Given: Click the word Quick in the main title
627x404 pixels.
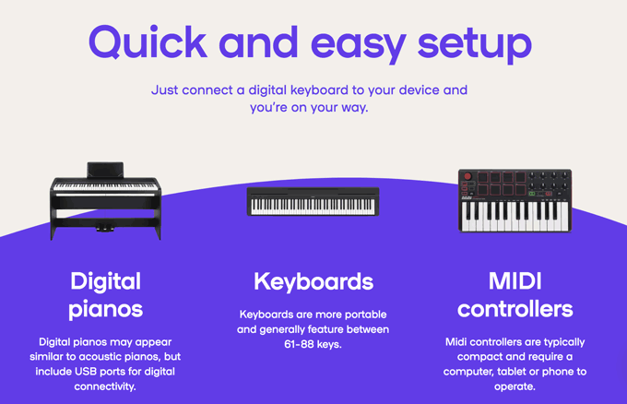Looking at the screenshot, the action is [148, 42].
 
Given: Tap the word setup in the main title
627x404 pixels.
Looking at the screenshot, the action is [475, 44].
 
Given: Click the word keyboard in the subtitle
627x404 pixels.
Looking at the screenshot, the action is [319, 90].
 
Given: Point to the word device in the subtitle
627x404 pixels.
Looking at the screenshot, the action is [419, 90].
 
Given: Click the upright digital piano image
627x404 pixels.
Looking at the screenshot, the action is [105, 201].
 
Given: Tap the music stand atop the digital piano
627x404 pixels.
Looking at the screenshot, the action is [105, 170].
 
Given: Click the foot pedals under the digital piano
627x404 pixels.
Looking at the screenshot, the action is [105, 229].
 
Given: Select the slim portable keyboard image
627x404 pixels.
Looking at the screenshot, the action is [313, 202].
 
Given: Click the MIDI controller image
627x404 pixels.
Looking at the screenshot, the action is [515, 201].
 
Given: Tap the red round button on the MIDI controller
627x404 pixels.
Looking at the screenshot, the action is [467, 176].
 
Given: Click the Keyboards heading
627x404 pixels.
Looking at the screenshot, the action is [313, 281].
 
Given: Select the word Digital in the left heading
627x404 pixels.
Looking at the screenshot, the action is [105, 282].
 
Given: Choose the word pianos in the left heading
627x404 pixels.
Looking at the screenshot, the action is [105, 310].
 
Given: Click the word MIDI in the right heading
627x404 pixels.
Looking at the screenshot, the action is [515, 280].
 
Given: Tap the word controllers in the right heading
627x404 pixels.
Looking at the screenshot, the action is [515, 309].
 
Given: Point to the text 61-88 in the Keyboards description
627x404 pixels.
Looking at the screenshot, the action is [299, 344].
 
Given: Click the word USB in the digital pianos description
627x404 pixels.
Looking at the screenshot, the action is [86, 371].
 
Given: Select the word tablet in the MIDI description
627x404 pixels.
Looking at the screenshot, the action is [512, 372].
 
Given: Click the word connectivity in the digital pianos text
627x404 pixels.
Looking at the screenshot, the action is [105, 386].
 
